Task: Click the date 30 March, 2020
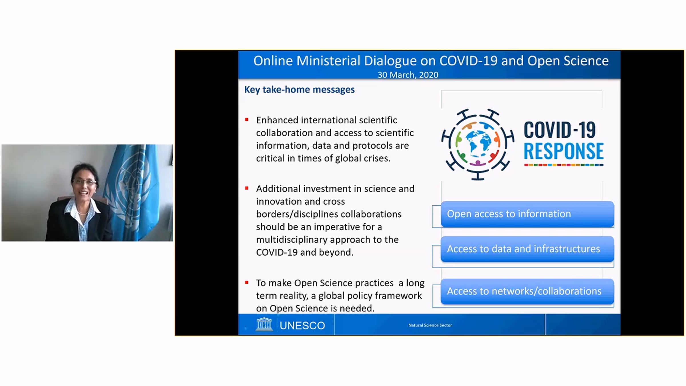click(x=408, y=75)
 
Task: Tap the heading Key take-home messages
click(x=299, y=89)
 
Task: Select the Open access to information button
click(x=527, y=214)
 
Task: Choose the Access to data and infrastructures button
click(x=527, y=249)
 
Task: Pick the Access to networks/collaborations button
click(x=527, y=291)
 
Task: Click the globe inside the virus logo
click(x=478, y=144)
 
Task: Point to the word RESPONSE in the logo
click(x=564, y=151)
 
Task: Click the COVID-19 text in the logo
click(x=560, y=130)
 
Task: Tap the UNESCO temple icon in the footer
click(x=264, y=324)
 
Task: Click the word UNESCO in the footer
click(x=302, y=325)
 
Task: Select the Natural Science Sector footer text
click(x=430, y=325)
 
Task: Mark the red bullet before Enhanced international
click(x=247, y=120)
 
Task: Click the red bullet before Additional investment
click(x=247, y=188)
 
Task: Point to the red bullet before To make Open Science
click(x=247, y=282)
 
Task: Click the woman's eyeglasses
click(x=84, y=182)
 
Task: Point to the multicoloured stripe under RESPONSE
click(x=564, y=165)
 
